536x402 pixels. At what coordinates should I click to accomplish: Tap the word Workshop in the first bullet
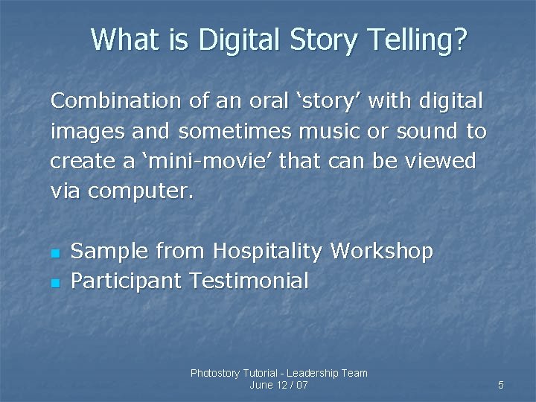381,252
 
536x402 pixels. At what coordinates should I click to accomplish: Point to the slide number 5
501,385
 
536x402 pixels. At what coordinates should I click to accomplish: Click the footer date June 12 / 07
279,385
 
